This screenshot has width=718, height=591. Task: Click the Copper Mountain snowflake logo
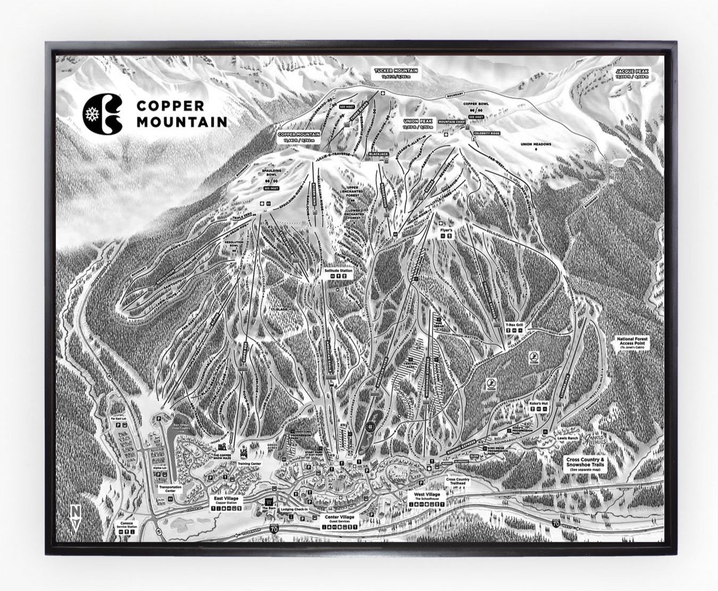click(x=103, y=114)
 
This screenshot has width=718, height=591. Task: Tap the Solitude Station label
click(x=339, y=271)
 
